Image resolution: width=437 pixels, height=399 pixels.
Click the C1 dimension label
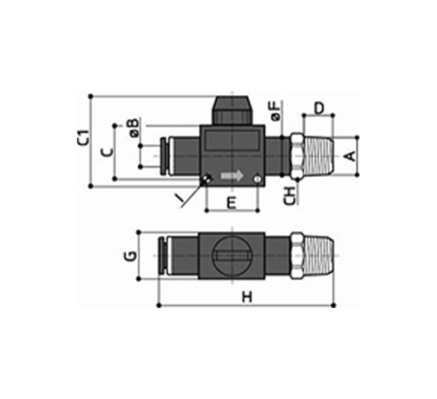(x=83, y=137)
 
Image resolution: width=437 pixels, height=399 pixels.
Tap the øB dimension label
(x=134, y=127)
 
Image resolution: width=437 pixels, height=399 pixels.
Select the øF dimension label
(x=275, y=111)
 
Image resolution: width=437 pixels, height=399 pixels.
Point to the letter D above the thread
(x=319, y=108)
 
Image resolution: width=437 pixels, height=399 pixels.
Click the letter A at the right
(x=351, y=156)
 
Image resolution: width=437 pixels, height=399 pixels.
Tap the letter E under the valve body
(x=232, y=203)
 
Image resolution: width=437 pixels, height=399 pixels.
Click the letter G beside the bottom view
(x=130, y=256)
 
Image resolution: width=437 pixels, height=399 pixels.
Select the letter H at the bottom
(x=247, y=297)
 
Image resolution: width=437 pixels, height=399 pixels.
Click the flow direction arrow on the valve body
(x=232, y=176)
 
